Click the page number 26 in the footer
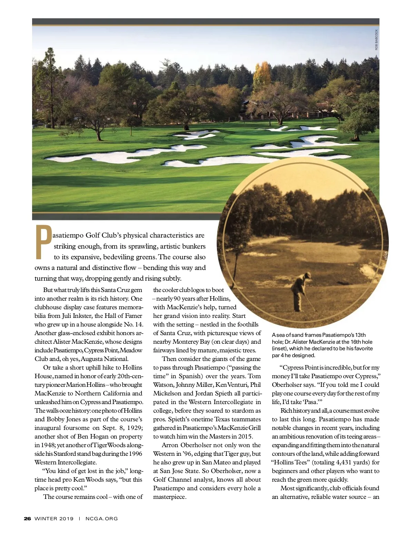click(x=27, y=518)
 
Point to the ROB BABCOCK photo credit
click(x=376, y=40)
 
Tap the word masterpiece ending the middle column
click(x=169, y=497)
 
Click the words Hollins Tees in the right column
click(x=289, y=462)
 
